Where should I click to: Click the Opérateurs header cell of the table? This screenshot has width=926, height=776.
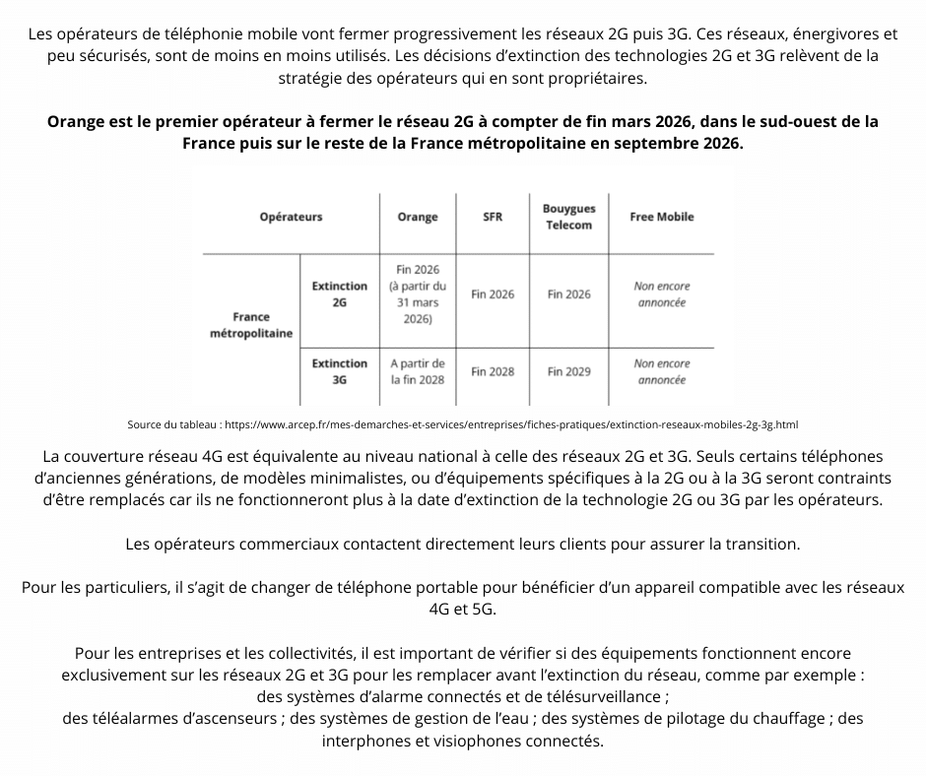[x=291, y=217]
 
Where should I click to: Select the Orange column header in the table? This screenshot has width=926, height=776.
[x=418, y=217]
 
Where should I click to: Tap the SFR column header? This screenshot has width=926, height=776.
[x=493, y=217]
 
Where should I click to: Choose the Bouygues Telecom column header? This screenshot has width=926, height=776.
[x=569, y=217]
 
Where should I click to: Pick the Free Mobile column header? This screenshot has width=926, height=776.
[x=662, y=217]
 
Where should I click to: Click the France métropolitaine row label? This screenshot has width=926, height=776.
[x=251, y=325]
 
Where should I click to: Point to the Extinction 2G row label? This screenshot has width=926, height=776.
[x=340, y=294]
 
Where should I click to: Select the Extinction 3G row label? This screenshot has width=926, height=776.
[x=340, y=371]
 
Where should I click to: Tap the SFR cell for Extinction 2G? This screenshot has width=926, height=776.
[x=493, y=294]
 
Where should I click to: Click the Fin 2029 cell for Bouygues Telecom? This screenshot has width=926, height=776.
[x=569, y=372]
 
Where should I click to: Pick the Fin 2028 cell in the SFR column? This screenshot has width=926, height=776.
[x=493, y=372]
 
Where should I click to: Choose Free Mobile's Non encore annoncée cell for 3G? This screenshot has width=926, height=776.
[x=662, y=372]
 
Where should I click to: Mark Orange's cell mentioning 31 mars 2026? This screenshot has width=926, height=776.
[x=418, y=294]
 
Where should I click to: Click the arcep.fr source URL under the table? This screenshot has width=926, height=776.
[x=511, y=425]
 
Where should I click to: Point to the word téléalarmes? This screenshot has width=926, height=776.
[x=112, y=719]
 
